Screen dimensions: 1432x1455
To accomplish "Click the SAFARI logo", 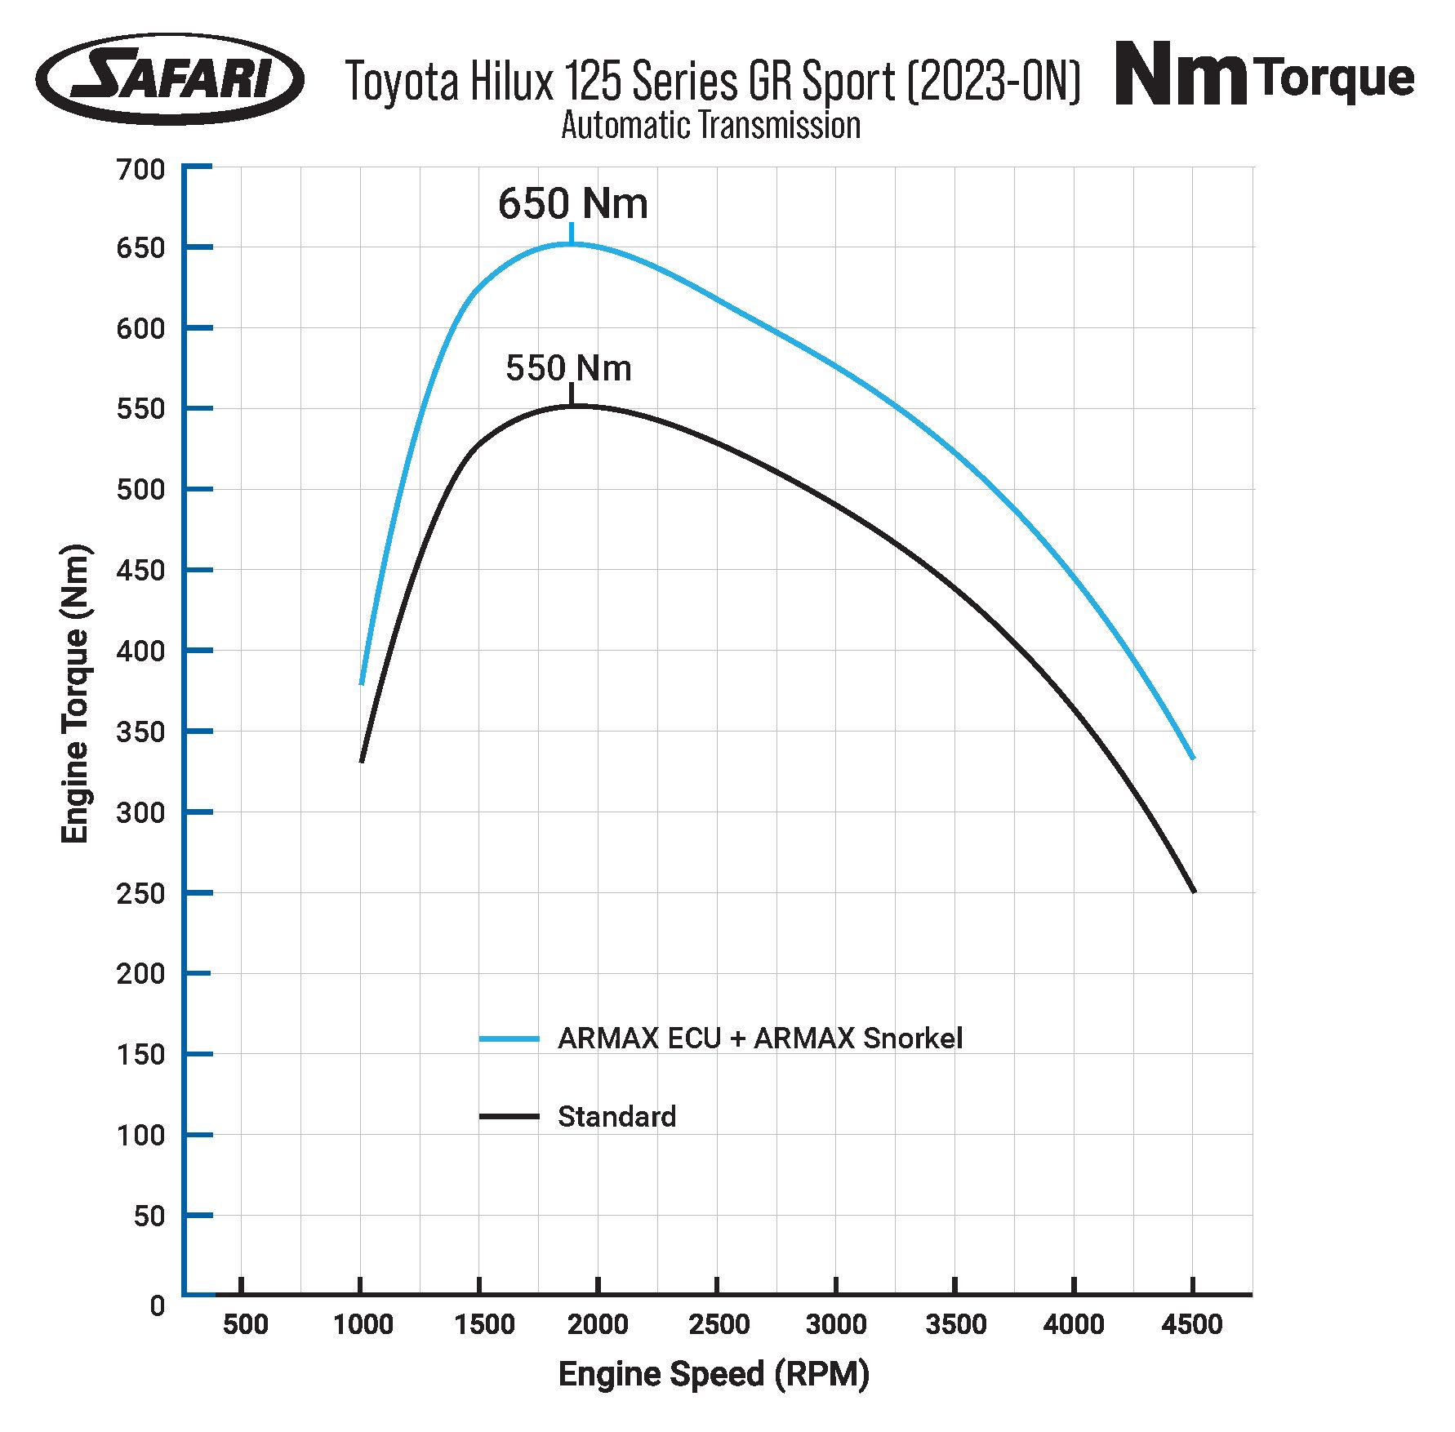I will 170,79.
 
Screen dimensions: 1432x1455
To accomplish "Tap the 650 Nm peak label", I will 572,204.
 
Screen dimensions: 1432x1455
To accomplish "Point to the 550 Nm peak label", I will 568,368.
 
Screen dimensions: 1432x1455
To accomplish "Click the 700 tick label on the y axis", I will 140,170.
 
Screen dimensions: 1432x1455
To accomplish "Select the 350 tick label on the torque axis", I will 140,732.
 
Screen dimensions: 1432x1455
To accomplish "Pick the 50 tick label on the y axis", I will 149,1216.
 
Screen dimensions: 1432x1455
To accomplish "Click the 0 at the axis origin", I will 158,1305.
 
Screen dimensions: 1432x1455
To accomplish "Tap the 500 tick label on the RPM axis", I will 245,1324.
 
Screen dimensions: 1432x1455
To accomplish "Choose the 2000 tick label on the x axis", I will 598,1324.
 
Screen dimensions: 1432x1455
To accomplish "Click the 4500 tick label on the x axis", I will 1192,1324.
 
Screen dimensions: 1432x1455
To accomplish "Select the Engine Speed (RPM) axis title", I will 714,1374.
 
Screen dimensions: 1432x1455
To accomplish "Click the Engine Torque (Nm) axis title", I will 75,694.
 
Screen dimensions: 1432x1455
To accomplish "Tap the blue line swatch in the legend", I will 509,1038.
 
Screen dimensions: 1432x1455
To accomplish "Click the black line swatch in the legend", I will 509,1116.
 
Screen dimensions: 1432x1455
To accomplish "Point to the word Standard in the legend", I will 616,1116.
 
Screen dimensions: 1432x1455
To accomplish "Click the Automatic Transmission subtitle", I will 710,126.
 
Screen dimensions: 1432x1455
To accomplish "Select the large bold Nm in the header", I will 1180,75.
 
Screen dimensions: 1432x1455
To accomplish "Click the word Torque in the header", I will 1337,78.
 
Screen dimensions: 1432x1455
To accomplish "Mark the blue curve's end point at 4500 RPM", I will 1193,758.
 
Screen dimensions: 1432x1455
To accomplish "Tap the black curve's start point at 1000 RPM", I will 361,761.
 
